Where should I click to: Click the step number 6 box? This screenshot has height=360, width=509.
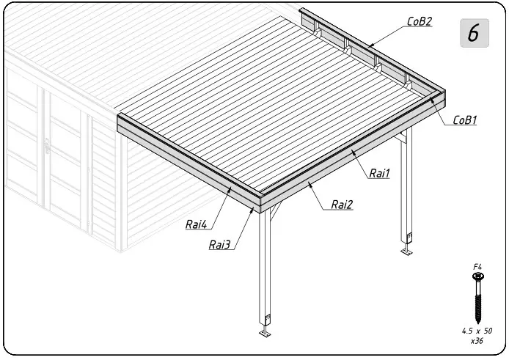(x=474, y=33)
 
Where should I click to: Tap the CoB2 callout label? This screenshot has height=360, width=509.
(x=419, y=21)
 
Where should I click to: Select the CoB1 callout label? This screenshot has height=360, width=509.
(x=465, y=120)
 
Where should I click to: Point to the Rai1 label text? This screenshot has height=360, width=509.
(x=379, y=173)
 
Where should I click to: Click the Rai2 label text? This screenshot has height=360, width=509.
(x=341, y=205)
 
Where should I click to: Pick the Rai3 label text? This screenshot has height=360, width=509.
(x=220, y=245)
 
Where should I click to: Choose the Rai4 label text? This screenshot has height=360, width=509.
(x=196, y=224)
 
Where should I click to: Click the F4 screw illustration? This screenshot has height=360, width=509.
(x=477, y=297)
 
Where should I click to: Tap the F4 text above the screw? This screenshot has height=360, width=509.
(x=477, y=267)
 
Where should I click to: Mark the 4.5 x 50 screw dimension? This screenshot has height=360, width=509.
(x=477, y=331)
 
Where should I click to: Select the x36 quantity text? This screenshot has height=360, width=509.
(x=477, y=341)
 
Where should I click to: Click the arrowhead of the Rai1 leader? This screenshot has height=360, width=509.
(x=351, y=152)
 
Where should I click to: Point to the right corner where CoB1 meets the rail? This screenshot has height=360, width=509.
(x=442, y=91)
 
